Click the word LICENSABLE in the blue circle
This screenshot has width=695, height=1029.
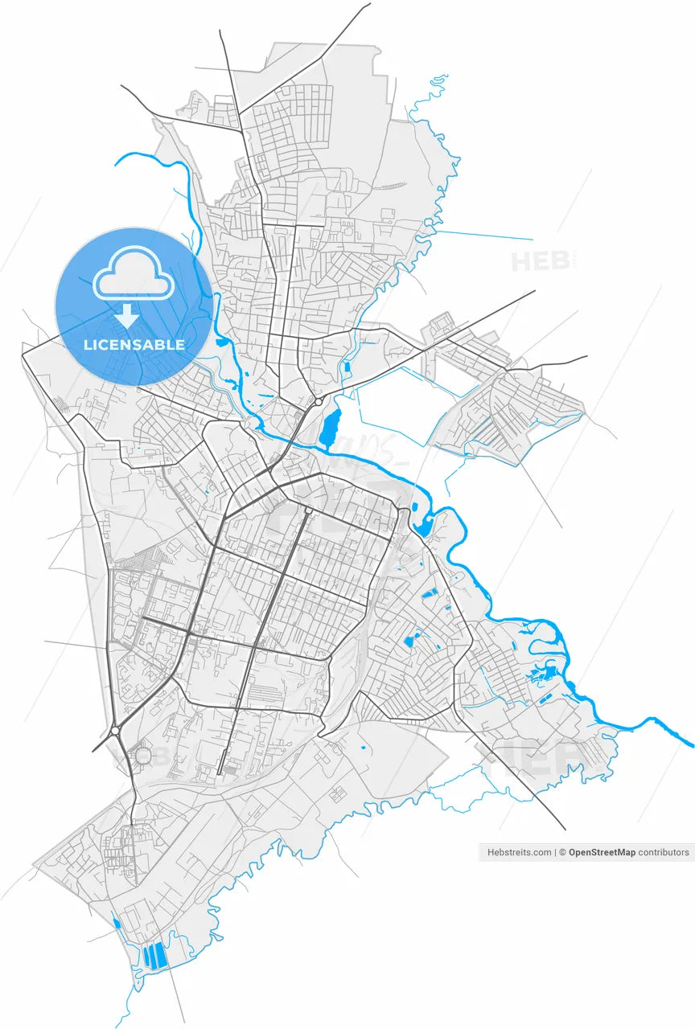tap(134, 345)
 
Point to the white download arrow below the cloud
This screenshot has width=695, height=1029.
tap(126, 314)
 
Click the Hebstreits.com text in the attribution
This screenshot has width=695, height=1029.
tap(520, 852)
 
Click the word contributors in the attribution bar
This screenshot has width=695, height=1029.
tap(664, 852)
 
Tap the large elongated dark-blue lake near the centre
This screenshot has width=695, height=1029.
tap(330, 427)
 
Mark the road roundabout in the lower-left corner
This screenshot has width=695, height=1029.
tap(115, 730)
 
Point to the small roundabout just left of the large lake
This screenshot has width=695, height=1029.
tap(319, 400)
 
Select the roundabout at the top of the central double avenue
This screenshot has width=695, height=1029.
tap(308, 510)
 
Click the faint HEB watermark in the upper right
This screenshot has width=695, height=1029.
tap(541, 261)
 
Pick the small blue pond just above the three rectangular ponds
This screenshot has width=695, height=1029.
tap(117, 923)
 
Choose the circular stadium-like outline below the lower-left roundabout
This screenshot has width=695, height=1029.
tap(143, 756)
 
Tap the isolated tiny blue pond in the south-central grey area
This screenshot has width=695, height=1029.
tap(363, 748)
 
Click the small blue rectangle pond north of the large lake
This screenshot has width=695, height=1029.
tap(347, 367)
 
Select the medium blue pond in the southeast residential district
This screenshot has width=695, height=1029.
tap(413, 641)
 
